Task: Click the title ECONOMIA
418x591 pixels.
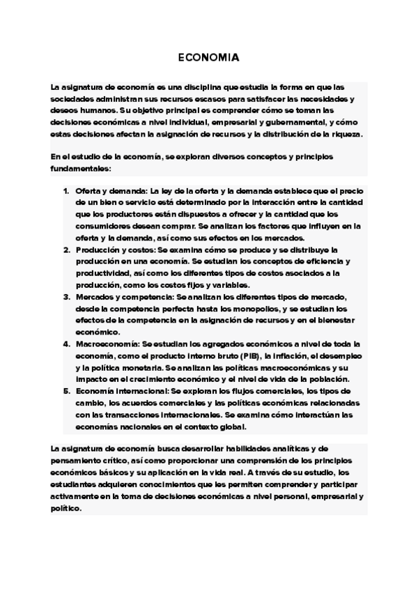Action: [x=208, y=59]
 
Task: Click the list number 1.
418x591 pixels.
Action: [x=66, y=191]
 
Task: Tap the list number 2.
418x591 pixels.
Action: [x=66, y=250]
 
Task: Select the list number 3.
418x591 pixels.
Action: [x=66, y=298]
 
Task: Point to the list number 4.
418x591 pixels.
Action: [x=66, y=344]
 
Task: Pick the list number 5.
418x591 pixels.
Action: [x=66, y=392]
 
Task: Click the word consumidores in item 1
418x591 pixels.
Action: [x=102, y=226]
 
